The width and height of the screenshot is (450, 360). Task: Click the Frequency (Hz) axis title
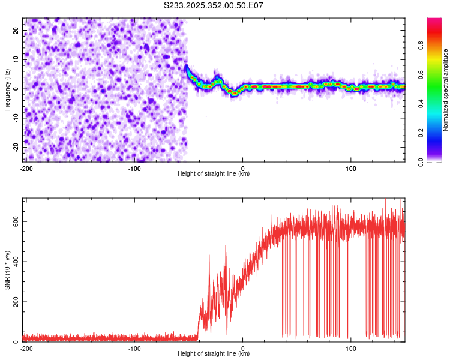tap(8, 89)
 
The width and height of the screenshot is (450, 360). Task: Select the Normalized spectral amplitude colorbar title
tap(445, 90)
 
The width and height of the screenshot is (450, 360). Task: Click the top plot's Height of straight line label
tap(214, 174)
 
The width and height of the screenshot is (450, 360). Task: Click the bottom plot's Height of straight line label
tap(214, 354)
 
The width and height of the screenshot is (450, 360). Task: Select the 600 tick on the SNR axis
tap(14, 221)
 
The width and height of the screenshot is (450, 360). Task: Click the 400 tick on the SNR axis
tap(14, 262)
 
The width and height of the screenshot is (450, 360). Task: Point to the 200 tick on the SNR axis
tap(14, 302)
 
